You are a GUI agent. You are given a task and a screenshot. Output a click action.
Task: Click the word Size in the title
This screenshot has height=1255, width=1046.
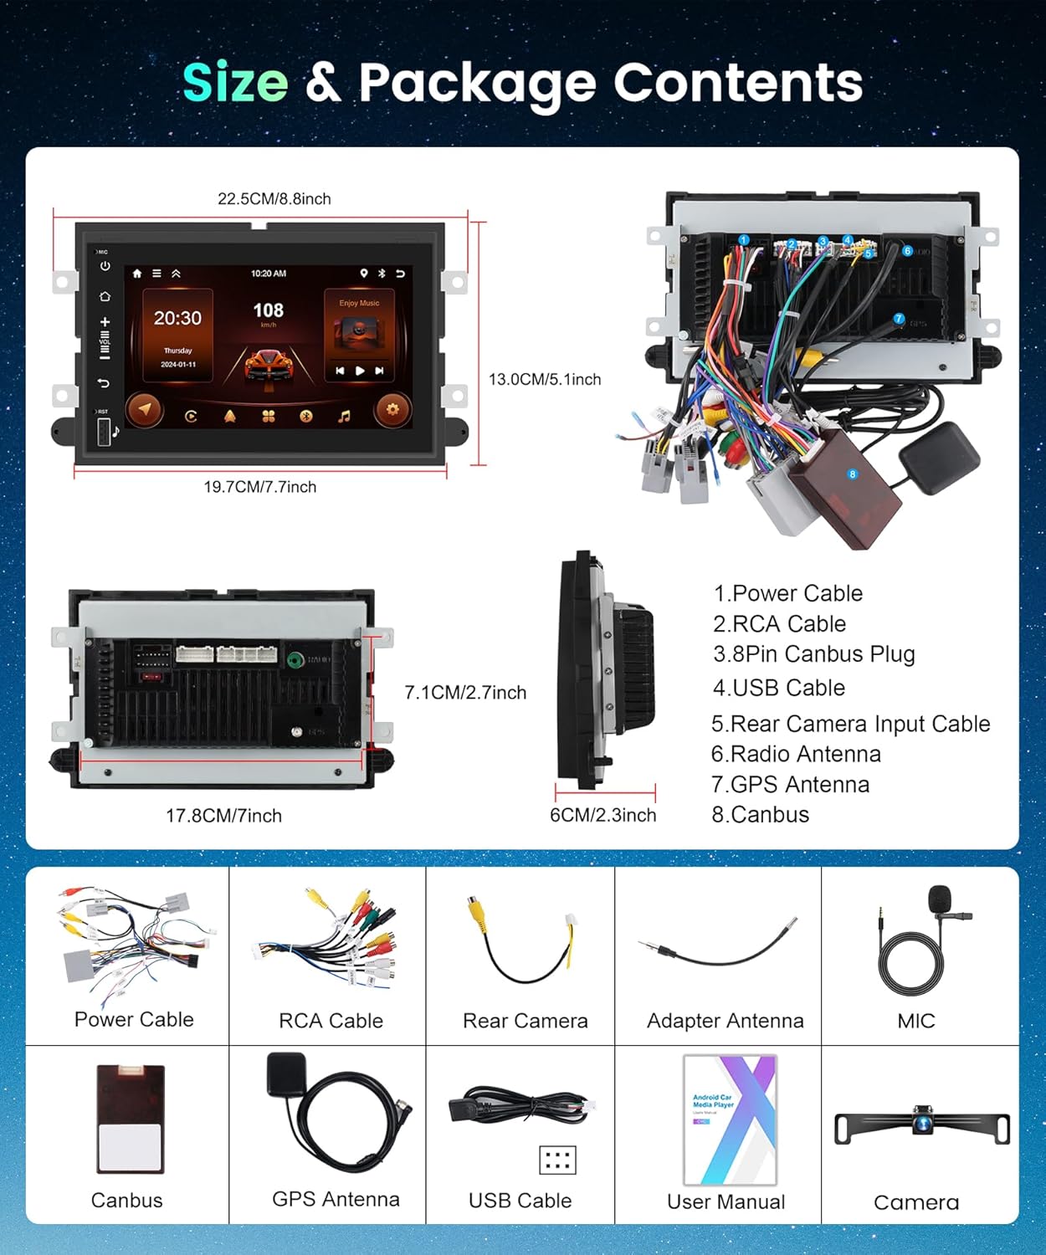pyautogui.click(x=235, y=83)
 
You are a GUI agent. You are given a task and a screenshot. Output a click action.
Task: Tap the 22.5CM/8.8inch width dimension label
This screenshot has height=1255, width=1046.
pyautogui.click(x=274, y=199)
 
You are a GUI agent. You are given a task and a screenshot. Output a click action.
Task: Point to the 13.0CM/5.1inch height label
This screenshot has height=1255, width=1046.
pyautogui.click(x=545, y=380)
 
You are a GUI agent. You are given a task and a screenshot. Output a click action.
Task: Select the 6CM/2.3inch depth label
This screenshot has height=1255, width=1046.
pyautogui.click(x=602, y=815)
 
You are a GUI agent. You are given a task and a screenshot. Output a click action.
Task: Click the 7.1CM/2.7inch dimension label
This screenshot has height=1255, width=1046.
pyautogui.click(x=465, y=693)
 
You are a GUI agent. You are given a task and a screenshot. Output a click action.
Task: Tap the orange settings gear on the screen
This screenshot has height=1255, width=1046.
pyautogui.click(x=392, y=410)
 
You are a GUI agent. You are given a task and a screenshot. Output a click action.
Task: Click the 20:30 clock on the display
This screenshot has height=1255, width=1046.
pyautogui.click(x=177, y=319)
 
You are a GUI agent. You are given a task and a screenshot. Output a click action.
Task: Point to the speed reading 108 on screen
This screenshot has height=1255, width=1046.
pyautogui.click(x=268, y=311)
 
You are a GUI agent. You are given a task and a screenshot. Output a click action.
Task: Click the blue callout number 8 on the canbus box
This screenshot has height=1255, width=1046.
pyautogui.click(x=853, y=474)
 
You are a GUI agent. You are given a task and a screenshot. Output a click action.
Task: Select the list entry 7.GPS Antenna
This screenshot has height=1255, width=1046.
pyautogui.click(x=790, y=785)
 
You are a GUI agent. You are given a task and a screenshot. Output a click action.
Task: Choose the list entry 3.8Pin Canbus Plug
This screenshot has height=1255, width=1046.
pyautogui.click(x=813, y=654)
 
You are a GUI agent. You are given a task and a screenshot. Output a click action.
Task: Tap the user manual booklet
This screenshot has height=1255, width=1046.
pyautogui.click(x=730, y=1119)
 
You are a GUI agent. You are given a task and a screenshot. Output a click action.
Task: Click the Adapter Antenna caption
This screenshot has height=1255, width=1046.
pyautogui.click(x=725, y=1021)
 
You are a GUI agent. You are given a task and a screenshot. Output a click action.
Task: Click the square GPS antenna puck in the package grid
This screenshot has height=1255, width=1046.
pyautogui.click(x=285, y=1074)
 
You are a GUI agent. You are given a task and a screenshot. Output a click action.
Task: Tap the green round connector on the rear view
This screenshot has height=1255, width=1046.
pyautogui.click(x=295, y=660)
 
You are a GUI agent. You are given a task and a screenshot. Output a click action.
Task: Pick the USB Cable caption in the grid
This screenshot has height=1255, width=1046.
pyautogui.click(x=520, y=1201)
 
